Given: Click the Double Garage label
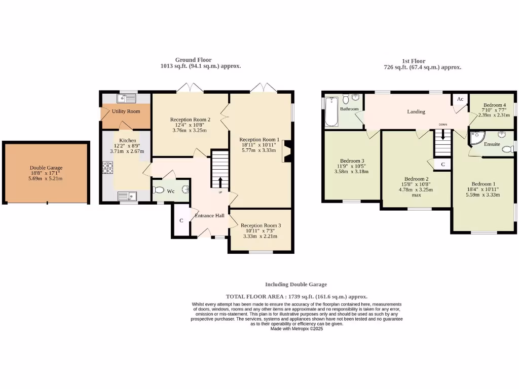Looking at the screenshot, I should click(45, 168).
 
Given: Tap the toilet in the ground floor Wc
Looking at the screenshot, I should click(159, 190).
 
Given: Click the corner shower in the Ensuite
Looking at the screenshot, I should click(477, 138).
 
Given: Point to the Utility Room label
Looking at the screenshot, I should click(126, 111).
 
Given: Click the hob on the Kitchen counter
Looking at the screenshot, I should click(108, 168).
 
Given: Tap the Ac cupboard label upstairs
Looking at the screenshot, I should click(460, 99).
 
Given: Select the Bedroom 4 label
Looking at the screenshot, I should click(494, 105).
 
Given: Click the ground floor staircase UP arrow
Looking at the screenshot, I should click(220, 183).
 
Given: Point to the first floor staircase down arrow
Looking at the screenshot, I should click(443, 135).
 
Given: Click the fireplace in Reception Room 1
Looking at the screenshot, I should click(287, 151).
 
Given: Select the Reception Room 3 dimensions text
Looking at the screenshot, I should click(261, 236).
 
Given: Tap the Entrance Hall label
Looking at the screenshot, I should click(210, 216).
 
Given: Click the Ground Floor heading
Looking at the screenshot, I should click(193, 60).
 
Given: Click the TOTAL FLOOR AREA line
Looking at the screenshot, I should click(296, 296).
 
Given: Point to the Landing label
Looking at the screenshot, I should click(417, 111).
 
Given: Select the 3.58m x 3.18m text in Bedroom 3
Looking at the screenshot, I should click(351, 171).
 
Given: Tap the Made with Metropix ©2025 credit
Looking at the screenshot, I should click(296, 329).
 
